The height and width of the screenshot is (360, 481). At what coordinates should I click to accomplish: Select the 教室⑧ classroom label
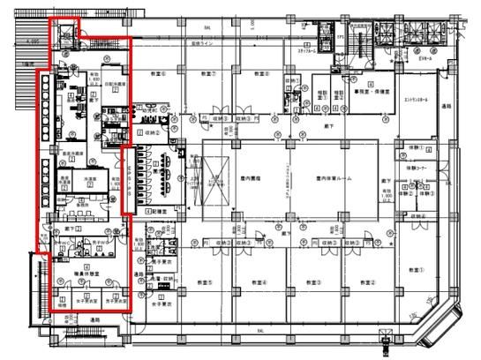pos(280,72)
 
